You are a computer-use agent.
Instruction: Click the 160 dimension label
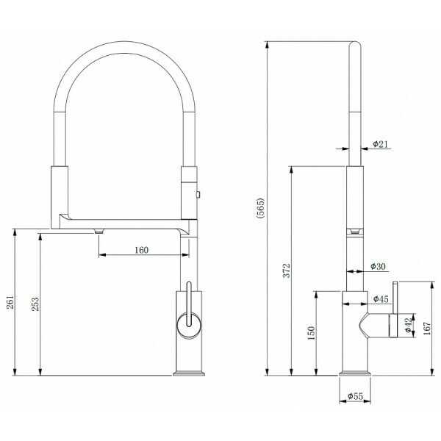(141, 250)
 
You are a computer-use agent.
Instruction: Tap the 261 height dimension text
(10, 302)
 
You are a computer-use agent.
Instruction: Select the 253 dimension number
(35, 304)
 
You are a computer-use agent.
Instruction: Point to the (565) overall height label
(261, 208)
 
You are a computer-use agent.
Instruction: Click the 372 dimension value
(287, 270)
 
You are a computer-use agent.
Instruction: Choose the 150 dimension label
(311, 333)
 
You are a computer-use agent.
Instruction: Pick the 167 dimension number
(426, 329)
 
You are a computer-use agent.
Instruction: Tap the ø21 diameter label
(380, 144)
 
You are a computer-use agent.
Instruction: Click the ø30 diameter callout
(378, 266)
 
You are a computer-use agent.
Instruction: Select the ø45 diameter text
(381, 299)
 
